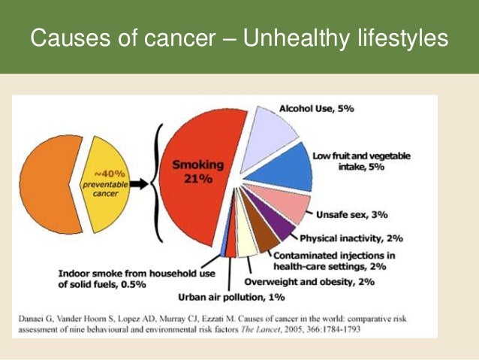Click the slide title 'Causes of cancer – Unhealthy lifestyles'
click(x=239, y=37)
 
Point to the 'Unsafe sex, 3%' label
click(x=351, y=215)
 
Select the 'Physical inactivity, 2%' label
click(x=351, y=238)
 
